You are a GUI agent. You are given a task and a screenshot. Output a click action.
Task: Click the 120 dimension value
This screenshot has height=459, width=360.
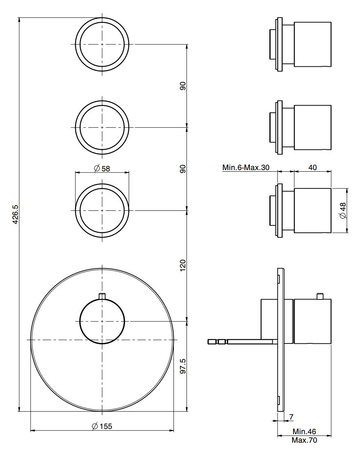click(x=182, y=265)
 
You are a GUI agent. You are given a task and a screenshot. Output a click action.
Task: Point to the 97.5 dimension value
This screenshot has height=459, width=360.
click(x=182, y=366)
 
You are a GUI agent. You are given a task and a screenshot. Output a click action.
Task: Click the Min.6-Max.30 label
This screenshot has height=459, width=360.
click(x=246, y=167)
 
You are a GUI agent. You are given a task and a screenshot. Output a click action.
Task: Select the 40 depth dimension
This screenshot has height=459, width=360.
click(x=313, y=167)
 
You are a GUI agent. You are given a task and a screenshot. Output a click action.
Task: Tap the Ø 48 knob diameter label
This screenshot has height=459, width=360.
click(x=342, y=210)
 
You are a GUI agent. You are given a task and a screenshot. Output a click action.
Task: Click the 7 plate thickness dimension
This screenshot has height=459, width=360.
click(x=291, y=417)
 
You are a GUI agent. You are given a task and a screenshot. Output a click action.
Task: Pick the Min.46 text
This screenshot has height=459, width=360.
click(x=304, y=431)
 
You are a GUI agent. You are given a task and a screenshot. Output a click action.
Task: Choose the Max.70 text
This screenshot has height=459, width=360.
click(x=304, y=440)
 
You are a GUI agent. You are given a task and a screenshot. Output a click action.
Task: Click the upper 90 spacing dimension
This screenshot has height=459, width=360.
click(x=182, y=86)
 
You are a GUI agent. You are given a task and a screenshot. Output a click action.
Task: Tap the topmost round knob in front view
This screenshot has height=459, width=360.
click(x=102, y=44)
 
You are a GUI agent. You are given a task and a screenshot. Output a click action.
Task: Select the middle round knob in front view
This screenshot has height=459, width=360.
click(x=102, y=127)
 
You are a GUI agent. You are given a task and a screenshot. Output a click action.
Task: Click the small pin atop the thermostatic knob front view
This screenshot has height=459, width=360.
click(x=102, y=296)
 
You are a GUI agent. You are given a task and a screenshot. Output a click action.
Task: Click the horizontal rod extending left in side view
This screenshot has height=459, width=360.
click(x=240, y=341)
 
